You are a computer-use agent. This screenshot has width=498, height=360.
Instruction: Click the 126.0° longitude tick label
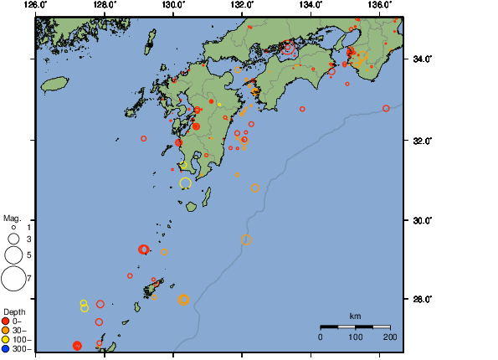click(35, 4)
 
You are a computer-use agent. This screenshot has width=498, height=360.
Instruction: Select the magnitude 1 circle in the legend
click(13, 227)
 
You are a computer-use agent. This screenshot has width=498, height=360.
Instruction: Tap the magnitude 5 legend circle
click(13, 255)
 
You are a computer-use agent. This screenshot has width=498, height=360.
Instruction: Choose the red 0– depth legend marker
click(6, 321)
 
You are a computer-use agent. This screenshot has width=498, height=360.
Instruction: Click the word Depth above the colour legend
click(14, 311)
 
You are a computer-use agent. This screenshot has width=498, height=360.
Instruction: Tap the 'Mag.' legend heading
click(13, 218)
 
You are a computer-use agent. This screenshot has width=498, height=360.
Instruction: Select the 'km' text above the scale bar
click(355, 316)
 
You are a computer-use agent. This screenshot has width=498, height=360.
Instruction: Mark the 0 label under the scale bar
click(321, 337)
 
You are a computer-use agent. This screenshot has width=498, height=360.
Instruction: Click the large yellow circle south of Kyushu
click(185, 183)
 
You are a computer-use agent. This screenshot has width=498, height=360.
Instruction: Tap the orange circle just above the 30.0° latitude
click(246, 240)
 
